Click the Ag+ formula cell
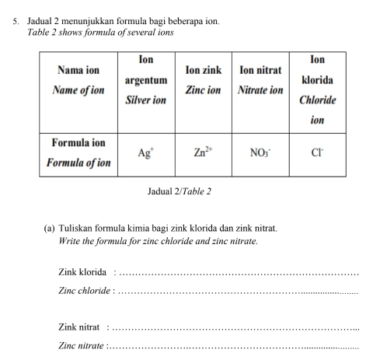point(145,153)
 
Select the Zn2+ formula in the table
point(203,152)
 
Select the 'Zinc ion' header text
point(203,90)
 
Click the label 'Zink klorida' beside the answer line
point(82,271)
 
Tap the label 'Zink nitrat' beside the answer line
point(79,329)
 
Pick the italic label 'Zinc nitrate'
point(81,348)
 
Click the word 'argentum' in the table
point(146,80)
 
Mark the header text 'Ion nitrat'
point(260,70)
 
